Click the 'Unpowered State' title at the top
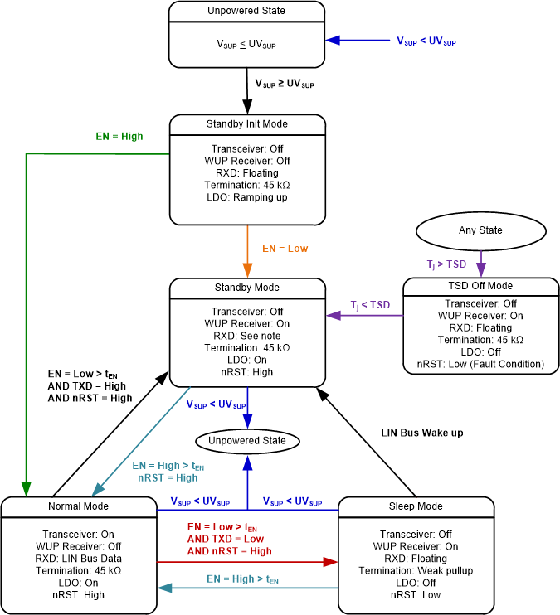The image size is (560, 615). click(246, 12)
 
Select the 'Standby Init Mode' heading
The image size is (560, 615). click(246, 124)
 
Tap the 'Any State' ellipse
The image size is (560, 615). click(480, 231)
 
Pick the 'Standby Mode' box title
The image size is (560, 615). click(246, 288)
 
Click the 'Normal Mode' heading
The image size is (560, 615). click(80, 506)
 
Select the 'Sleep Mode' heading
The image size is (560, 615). click(415, 506)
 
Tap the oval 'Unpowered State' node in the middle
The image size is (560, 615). click(246, 440)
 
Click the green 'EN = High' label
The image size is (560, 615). click(120, 136)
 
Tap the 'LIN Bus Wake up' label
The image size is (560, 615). click(421, 433)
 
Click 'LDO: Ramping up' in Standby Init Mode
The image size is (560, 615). click(246, 198)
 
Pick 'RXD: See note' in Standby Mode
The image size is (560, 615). click(246, 337)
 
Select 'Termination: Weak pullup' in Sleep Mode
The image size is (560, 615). click(415, 570)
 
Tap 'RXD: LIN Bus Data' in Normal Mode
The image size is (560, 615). click(80, 559)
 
